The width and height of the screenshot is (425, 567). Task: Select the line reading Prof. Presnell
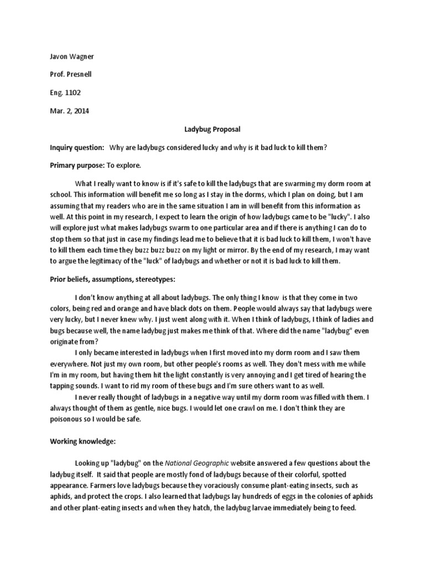point(70,75)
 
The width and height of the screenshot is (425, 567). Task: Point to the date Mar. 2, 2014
point(69,111)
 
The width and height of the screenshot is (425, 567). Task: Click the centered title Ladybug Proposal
point(212,129)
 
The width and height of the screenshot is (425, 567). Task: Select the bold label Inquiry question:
point(77,147)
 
